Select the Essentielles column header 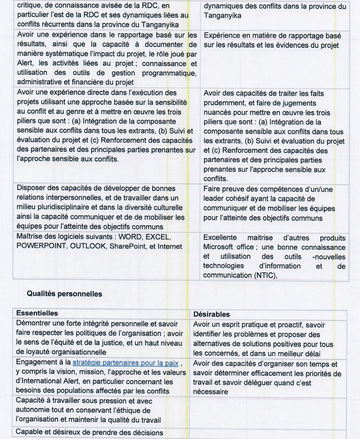37,314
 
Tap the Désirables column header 212,314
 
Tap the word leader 215,198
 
